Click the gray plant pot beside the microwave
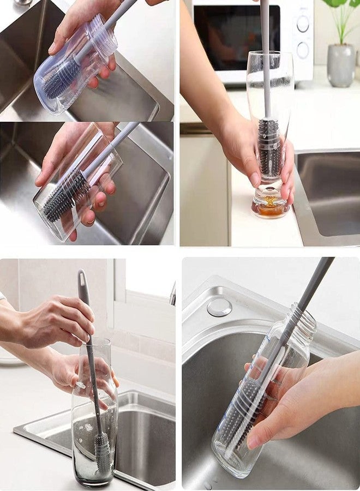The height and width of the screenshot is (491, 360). tap(341, 65)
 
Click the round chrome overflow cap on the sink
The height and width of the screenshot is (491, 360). tap(219, 307)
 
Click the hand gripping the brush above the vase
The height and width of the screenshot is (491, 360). tap(60, 322)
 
